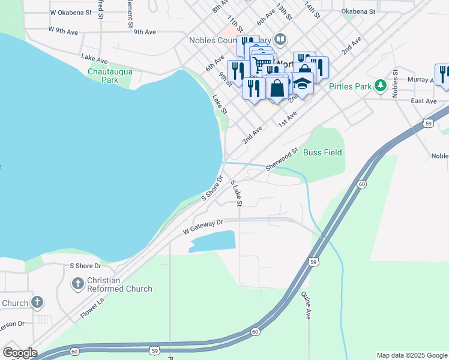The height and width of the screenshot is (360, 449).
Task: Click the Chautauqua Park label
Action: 110,75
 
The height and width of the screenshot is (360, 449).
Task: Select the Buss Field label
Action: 322,152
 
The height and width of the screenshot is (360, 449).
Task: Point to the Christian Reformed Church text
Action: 120,284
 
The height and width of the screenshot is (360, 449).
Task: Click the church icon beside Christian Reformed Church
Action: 78,283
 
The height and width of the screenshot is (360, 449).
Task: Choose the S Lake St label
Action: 237,193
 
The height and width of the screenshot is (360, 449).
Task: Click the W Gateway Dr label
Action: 202,227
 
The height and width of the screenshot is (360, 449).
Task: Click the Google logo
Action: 19,352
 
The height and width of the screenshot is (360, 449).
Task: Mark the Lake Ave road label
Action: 94,58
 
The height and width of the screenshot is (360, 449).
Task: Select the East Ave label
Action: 424,101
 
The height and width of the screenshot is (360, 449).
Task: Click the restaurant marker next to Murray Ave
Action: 443,74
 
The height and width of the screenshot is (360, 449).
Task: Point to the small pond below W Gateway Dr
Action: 212,241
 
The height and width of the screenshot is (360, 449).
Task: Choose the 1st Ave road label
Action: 287,119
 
